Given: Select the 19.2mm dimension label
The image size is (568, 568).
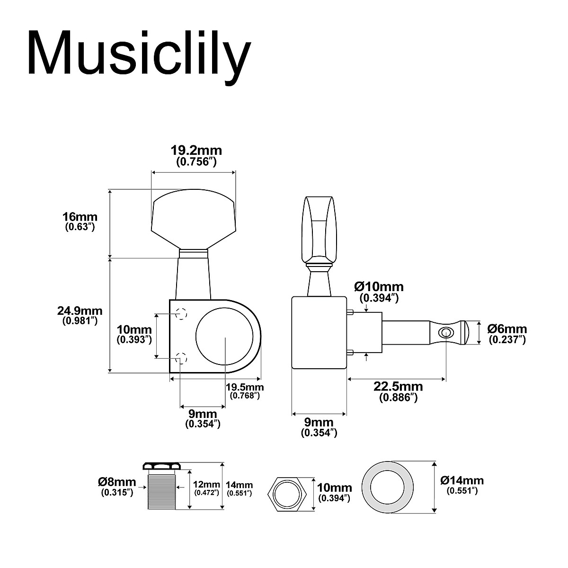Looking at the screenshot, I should coord(196,151).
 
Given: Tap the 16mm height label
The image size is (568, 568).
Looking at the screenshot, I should coord(80,217).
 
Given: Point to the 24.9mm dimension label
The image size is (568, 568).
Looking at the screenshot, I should coord(80,311).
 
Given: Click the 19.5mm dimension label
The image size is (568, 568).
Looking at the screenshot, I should coord(245,387).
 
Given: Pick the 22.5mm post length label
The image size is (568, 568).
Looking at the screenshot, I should coord(398,387).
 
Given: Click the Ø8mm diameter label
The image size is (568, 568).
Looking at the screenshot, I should coord(117,482).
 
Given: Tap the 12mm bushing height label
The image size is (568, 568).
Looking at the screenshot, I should coord(207,484).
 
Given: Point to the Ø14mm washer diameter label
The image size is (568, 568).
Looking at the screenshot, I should coord(462,480).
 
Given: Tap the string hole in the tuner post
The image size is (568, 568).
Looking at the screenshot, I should coord(445,332).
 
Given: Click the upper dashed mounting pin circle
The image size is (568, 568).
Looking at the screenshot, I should coord(181,313).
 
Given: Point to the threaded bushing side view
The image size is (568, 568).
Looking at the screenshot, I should coord(162,488).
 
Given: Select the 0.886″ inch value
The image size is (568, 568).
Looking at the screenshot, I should coord(398,398).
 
